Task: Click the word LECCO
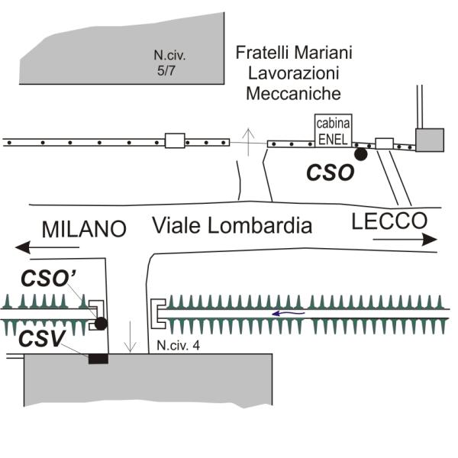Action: (x=389, y=222)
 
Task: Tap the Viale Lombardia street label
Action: (x=232, y=225)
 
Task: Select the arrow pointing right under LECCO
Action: (x=405, y=239)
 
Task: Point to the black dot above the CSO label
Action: (x=361, y=154)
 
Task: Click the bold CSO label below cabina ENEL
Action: (x=331, y=173)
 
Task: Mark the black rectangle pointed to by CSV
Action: (x=98, y=359)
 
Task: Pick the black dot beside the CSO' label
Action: (x=101, y=324)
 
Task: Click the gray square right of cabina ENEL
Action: (x=429, y=140)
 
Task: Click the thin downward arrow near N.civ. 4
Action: (x=131, y=337)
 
